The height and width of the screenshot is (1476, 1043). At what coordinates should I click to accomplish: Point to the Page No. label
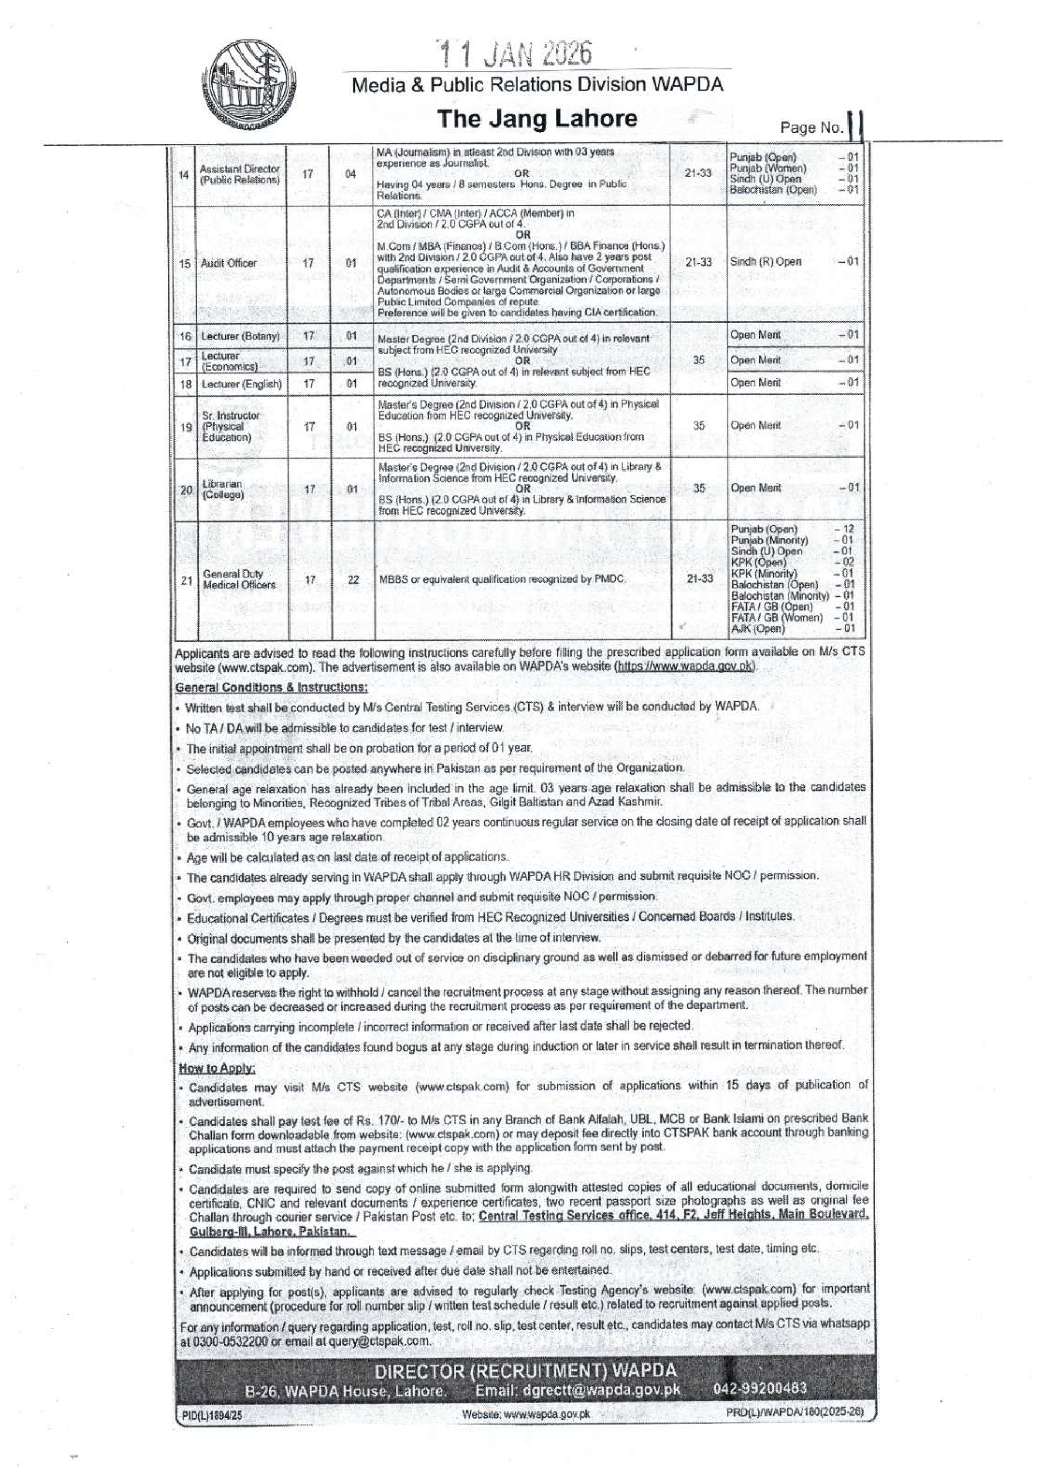[x=811, y=128]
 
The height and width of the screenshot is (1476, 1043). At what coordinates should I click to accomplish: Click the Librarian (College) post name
[x=222, y=490]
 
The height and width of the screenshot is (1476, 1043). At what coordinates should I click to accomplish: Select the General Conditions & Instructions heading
[x=271, y=687]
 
